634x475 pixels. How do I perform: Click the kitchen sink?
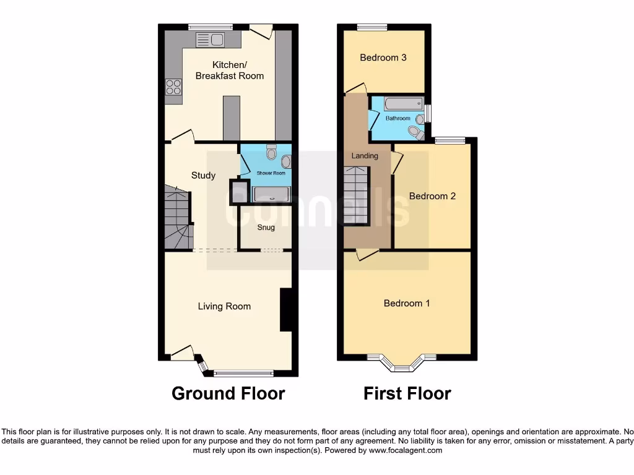tap(211, 40)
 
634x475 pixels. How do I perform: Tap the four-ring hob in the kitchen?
tap(173, 87)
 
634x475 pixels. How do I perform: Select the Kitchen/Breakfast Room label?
tap(230, 71)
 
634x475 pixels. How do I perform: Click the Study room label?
tap(203, 176)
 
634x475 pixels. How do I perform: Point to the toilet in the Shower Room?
tap(271, 152)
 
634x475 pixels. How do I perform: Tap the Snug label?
tap(266, 228)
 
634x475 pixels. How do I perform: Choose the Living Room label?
tap(224, 306)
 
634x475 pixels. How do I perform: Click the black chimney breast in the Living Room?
tap(287, 310)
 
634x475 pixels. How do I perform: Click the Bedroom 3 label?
tap(383, 58)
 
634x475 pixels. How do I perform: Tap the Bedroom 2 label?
tap(432, 196)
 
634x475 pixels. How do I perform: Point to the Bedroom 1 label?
tap(407, 303)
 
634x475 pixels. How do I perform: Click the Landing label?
tap(365, 156)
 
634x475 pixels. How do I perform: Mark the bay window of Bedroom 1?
tap(402, 364)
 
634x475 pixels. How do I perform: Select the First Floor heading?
tap(407, 393)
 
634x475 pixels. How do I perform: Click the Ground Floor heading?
tap(228, 393)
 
